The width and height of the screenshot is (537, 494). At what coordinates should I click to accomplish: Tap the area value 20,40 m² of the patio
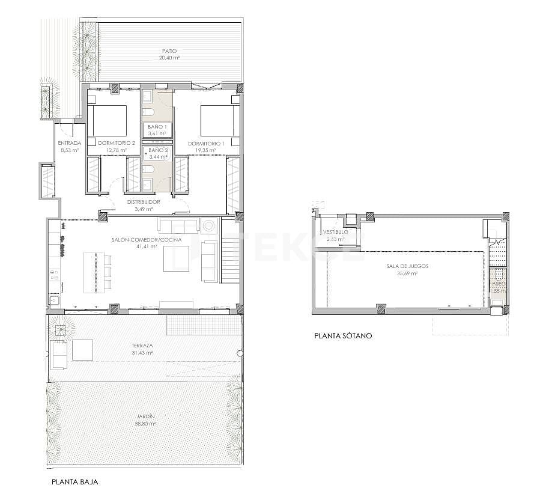pos(170,58)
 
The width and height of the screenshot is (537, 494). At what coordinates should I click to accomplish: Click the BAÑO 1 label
pos(157,127)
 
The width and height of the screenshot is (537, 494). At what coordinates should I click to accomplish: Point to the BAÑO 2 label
pos(157,150)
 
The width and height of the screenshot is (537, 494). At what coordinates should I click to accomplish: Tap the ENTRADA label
pos(70,143)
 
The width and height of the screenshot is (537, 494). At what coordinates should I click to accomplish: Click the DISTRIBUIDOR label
pos(144,202)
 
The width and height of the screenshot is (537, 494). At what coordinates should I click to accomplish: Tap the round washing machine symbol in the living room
pos(210,226)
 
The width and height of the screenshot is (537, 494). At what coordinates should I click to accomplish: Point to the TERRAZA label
pos(143,346)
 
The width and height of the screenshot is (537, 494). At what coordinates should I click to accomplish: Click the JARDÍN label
pos(145,416)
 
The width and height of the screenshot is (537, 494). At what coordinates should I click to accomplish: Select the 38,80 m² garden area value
pos(145,423)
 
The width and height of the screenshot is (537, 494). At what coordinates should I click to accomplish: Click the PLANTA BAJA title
pos(74,481)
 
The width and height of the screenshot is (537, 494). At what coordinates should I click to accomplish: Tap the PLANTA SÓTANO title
pos(343,336)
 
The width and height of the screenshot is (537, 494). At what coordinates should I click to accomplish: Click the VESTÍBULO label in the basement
pos(335,232)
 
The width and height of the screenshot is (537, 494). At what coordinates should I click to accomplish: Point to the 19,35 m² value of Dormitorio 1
pos(206,150)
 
